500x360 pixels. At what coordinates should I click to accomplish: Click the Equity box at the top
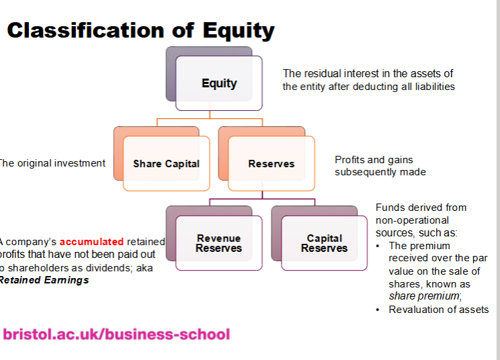point(218,83)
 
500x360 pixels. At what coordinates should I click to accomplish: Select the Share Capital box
point(166,163)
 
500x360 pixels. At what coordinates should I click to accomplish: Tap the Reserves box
point(271,163)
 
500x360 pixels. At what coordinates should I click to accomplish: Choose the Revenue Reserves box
point(218,243)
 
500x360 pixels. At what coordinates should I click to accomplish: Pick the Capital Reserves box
point(324,243)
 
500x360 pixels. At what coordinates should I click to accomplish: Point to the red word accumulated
point(91,241)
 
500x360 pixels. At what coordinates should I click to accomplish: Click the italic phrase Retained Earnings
point(44,280)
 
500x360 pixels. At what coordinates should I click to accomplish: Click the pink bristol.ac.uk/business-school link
point(116,334)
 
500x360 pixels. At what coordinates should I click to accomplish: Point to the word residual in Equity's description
point(325,73)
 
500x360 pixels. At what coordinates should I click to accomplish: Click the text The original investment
point(52,163)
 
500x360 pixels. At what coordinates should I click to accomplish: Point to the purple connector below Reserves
point(262,199)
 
